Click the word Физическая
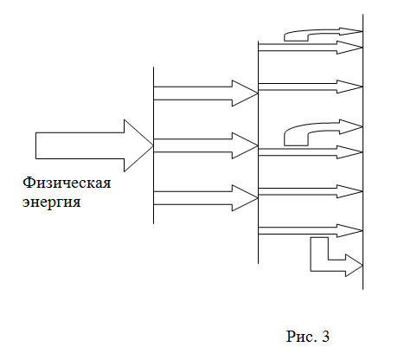click(67, 183)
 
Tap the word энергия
click(51, 202)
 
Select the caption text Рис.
click(301, 337)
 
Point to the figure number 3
click(325, 337)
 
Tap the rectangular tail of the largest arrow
click(80, 145)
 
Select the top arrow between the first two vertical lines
click(206, 93)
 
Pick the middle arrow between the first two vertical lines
click(206, 145)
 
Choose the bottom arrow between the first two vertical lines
click(206, 198)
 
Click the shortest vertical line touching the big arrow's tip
click(153, 145)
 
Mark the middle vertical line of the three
click(258, 152)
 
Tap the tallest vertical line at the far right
click(363, 151)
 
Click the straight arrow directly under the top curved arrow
click(311, 48)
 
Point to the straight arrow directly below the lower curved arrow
click(311, 152)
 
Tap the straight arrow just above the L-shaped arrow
click(311, 231)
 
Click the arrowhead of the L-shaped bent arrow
click(354, 266)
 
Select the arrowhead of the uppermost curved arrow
click(351, 31)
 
